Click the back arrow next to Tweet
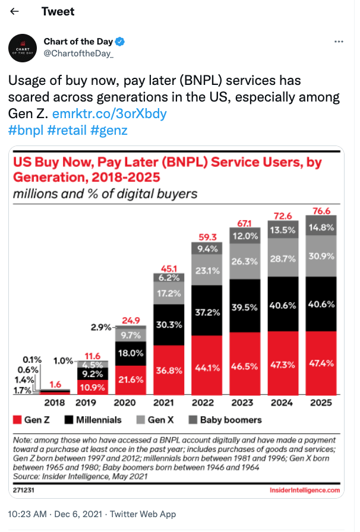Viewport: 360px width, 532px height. click(x=15, y=12)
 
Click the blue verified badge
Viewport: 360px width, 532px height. click(x=120, y=42)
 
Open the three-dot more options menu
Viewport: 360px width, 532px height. click(x=339, y=42)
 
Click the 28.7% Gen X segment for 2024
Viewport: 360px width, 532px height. click(x=282, y=259)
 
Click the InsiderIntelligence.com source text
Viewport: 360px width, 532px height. click(x=304, y=490)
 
